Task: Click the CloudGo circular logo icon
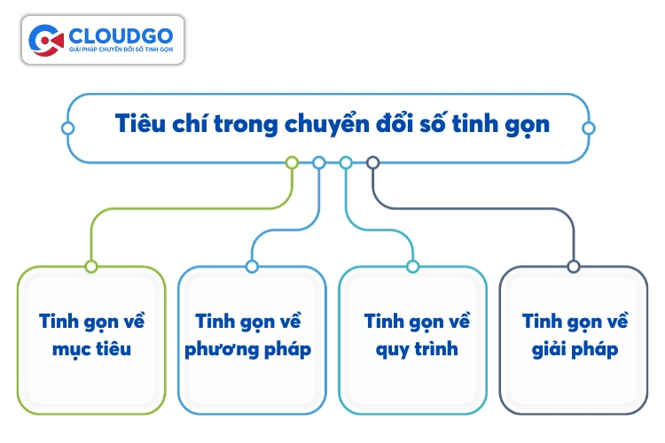pyautogui.click(x=46, y=40)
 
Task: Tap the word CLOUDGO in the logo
pyautogui.click(x=121, y=36)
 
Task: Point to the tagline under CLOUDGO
pyautogui.click(x=121, y=50)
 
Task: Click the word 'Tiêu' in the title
pyautogui.click(x=140, y=123)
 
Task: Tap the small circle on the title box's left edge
pyautogui.click(x=68, y=128)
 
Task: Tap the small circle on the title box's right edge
pyautogui.click(x=589, y=128)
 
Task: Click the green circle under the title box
pyautogui.click(x=292, y=163)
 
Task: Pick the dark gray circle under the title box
pyautogui.click(x=372, y=163)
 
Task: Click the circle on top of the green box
pyautogui.click(x=91, y=267)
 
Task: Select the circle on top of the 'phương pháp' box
pyautogui.click(x=252, y=267)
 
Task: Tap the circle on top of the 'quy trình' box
pyautogui.click(x=412, y=267)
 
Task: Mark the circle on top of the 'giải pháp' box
pyautogui.click(x=574, y=267)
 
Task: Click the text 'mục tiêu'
pyautogui.click(x=91, y=350)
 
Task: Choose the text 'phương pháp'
pyautogui.click(x=248, y=350)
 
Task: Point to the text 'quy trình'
pyautogui.click(x=417, y=350)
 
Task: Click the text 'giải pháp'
pyautogui.click(x=575, y=350)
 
